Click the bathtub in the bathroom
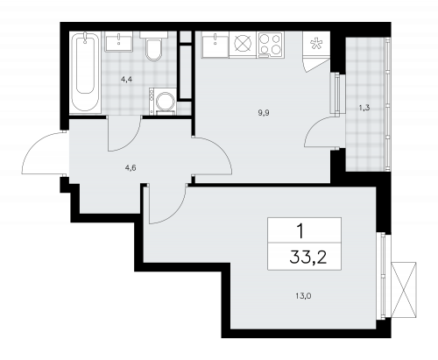[85, 73]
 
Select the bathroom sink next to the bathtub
[119, 41]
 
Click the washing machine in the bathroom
[163, 101]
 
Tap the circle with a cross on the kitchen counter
[243, 45]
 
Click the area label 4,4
[127, 80]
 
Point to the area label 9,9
[264, 113]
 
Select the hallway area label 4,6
[131, 168]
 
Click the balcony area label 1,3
[364, 108]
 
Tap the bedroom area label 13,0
[303, 296]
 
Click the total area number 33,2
[308, 257]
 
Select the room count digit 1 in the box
[300, 231]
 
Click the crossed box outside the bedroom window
[404, 290]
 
